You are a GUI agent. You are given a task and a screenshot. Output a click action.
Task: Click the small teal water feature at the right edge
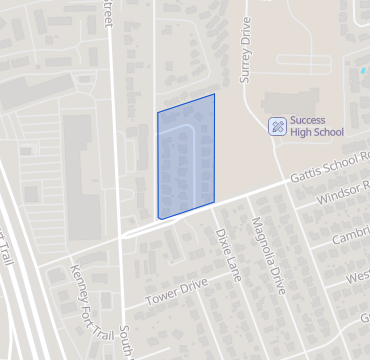363,72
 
